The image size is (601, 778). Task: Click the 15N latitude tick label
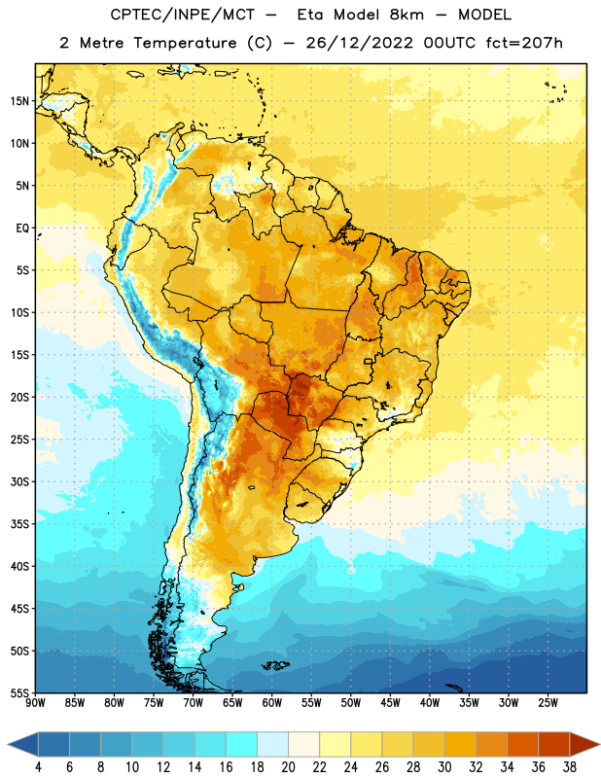[x=19, y=101]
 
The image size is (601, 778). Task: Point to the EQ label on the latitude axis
[x=22, y=229]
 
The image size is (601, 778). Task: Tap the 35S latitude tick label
[x=19, y=524]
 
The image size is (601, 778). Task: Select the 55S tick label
[x=19, y=692]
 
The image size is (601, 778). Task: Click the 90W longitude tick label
[x=35, y=703]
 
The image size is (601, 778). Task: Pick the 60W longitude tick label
[x=272, y=703]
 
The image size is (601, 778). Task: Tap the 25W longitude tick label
[x=548, y=703]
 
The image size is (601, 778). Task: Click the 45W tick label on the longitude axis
[x=390, y=703]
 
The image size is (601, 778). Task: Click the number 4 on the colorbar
[x=38, y=767]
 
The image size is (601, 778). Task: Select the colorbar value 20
[x=288, y=767]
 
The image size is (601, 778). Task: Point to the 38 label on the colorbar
[x=570, y=767]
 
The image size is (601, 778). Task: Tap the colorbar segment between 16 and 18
[x=242, y=744]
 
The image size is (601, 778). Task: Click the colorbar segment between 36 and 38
[x=554, y=744]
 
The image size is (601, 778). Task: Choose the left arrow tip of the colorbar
[x=8, y=744]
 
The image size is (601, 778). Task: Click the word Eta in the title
[x=309, y=15]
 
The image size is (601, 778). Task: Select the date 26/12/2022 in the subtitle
[x=359, y=43]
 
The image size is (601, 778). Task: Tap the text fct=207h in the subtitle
[x=524, y=43]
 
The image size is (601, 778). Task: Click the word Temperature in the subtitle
[x=185, y=43]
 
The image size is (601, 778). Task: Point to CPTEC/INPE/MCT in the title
[x=183, y=15]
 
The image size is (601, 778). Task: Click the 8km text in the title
[x=407, y=15]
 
